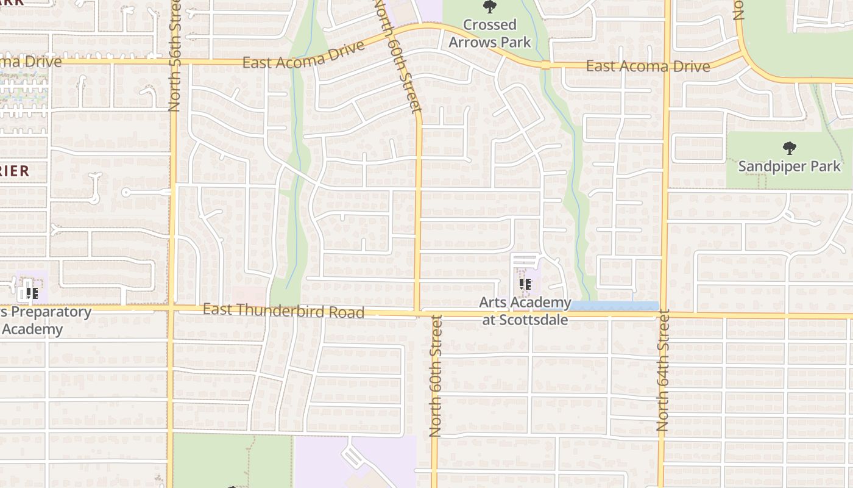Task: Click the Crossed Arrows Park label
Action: (490, 34)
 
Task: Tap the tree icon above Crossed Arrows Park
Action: (489, 7)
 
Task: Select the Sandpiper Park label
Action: (789, 166)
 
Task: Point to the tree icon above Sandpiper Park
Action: (789, 148)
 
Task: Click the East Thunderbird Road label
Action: (283, 311)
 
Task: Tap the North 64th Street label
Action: (663, 371)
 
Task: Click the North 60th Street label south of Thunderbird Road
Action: (435, 376)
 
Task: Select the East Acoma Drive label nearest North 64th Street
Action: (648, 66)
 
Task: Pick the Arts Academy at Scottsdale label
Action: (525, 311)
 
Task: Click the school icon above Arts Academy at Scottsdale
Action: (526, 284)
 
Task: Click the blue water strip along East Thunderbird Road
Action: (615, 306)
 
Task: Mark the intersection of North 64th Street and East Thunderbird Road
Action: (664, 315)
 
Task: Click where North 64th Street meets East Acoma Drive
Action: (668, 65)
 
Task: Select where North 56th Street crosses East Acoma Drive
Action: (175, 61)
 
